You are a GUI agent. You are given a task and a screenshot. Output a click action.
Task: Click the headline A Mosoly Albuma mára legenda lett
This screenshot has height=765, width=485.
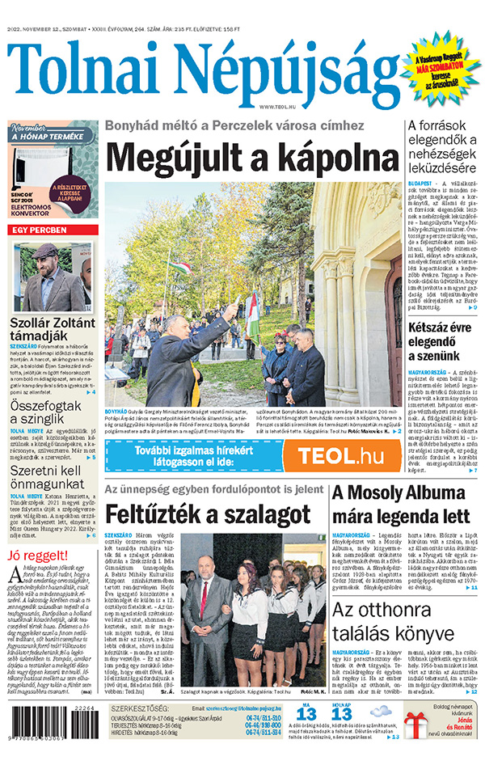point(400,505)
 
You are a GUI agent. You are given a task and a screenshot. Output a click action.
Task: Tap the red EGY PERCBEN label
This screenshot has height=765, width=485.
point(53,230)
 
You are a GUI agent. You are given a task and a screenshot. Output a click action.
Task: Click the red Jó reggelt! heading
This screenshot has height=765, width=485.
point(38,556)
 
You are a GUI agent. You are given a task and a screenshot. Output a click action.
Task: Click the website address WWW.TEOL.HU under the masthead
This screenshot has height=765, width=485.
point(278,107)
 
